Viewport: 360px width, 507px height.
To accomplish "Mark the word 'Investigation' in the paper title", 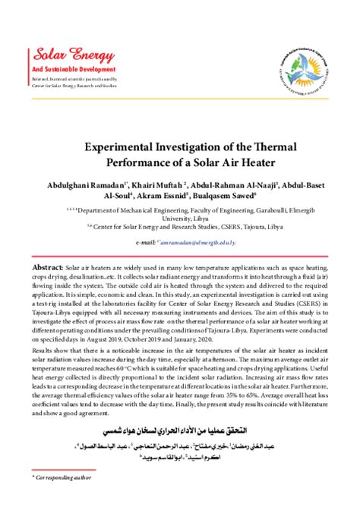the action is pos(182,146).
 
